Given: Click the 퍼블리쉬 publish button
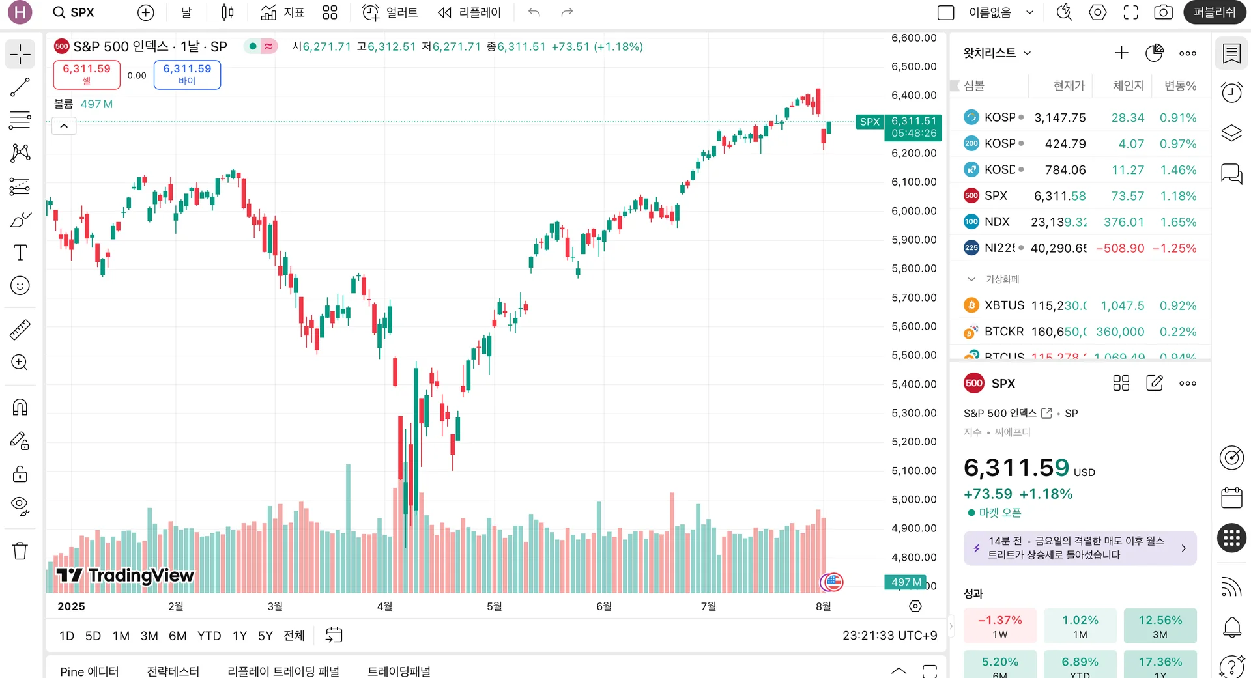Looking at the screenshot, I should pos(1214,12).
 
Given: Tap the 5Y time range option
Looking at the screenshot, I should pos(265,636).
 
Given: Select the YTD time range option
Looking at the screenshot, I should pos(209,636).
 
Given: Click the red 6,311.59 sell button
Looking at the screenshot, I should pos(87,74).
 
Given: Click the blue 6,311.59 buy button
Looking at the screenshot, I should pos(187,74).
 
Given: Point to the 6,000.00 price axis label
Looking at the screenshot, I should pos(913,211).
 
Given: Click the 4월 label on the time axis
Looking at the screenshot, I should pos(384,606).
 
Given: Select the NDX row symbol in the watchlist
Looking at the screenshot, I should pos(996,222).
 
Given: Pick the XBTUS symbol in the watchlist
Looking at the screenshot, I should pos(1003,305).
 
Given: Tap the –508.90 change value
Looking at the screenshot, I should pos(1120,248).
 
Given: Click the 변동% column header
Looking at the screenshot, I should pos(1180,86).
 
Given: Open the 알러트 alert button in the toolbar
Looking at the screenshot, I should pos(390,12).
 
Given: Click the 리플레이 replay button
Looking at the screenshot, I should pos(470,12).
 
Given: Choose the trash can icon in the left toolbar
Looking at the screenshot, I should pos(20,551).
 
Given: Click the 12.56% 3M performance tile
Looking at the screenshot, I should pos(1160,626).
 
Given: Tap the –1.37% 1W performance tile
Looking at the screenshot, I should pos(999,626).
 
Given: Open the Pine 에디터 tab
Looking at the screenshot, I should pos(89,671).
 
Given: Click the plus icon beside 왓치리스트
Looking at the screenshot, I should pos(1121,53).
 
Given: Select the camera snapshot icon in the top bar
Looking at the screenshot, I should pos(1163,12).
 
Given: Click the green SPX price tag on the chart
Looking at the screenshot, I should pos(869,122).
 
